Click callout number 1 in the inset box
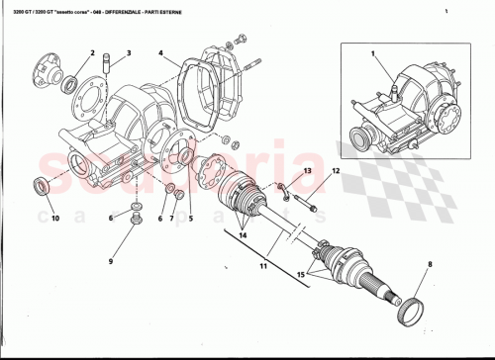click(x=374, y=52)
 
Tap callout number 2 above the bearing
click(x=92, y=52)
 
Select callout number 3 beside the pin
click(x=128, y=52)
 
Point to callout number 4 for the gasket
click(x=160, y=52)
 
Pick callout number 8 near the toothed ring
click(x=430, y=264)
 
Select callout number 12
click(x=336, y=172)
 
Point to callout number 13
click(x=307, y=172)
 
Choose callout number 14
click(x=243, y=238)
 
